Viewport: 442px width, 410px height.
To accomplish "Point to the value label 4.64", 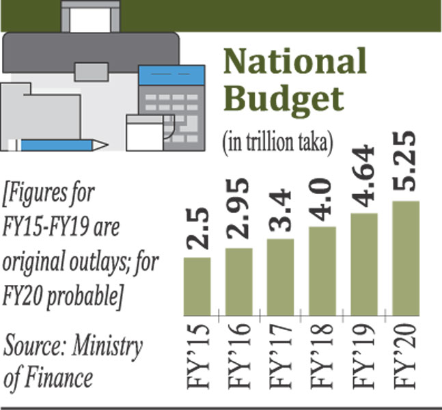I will point(364,175).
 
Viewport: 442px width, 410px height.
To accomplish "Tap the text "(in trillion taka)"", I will point(277,141).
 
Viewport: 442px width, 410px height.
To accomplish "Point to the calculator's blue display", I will point(171,74).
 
